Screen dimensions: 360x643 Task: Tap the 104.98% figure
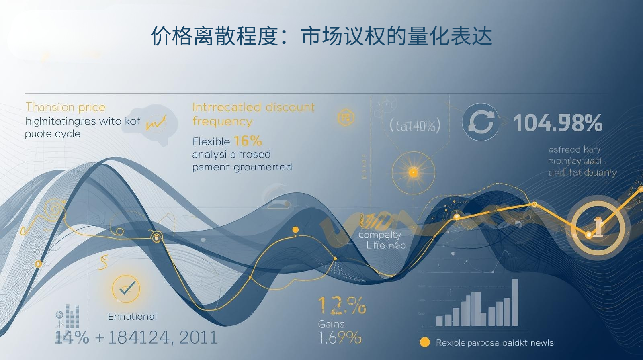coord(558,123)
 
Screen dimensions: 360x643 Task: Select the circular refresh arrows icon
coord(480,122)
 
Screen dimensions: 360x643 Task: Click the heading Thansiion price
coord(66,107)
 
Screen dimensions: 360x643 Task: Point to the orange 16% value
coord(248,141)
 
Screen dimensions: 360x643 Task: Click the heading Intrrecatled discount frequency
coord(253,114)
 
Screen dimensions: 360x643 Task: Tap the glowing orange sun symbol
coord(413,173)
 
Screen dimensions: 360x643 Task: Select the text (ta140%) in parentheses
coord(415,125)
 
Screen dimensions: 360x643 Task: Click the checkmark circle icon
coord(126,288)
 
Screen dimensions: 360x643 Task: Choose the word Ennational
coord(132,317)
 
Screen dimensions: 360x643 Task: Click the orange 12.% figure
coord(342,305)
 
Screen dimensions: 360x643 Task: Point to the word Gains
coord(331,324)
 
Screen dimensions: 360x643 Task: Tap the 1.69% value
coord(340,338)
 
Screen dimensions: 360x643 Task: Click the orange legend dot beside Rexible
coord(424,342)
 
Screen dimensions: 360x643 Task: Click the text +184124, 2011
coord(157,337)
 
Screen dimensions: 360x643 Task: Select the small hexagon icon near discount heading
coord(345,117)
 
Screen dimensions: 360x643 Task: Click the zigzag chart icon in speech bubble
coord(156,123)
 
